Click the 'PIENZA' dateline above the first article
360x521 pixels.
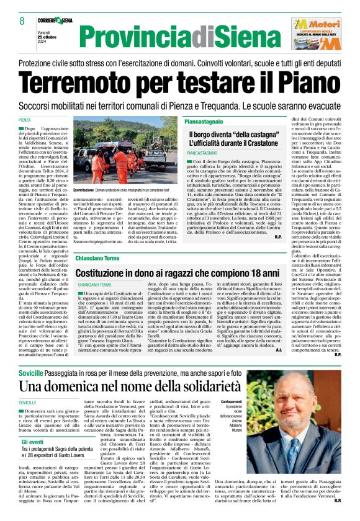42,120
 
